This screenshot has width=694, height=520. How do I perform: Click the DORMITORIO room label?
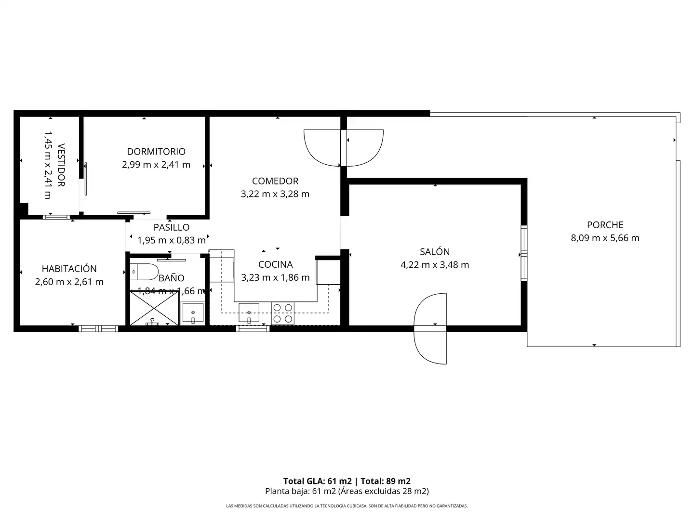click(156, 152)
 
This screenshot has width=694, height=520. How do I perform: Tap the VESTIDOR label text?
click(61, 165)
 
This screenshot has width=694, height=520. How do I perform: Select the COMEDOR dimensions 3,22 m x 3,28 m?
click(275, 194)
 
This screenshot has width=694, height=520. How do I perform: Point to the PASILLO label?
click(172, 227)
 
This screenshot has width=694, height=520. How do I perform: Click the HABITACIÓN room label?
click(69, 269)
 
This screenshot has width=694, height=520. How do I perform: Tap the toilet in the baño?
click(144, 272)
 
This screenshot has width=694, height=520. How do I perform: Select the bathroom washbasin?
click(193, 312)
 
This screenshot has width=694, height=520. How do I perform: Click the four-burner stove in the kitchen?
click(282, 313)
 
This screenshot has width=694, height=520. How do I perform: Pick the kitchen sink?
click(249, 313)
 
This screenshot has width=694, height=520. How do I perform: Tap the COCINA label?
click(275, 265)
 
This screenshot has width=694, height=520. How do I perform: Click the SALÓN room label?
click(435, 252)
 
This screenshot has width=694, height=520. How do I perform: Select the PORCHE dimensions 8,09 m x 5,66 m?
click(605, 238)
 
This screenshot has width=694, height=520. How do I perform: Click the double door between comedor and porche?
click(344, 148)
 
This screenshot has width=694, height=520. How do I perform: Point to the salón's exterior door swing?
click(430, 329)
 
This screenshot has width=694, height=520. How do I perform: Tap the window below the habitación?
click(98, 329)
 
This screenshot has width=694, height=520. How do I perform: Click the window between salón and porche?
click(524, 253)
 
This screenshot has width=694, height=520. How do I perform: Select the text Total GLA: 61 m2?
click(318, 481)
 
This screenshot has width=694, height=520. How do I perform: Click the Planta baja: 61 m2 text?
click(300, 491)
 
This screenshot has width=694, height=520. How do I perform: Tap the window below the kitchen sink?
click(253, 329)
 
